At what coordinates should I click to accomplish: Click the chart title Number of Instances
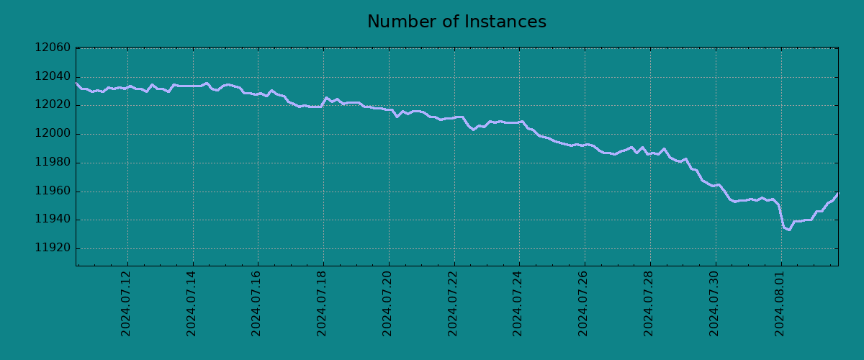(x=456, y=22)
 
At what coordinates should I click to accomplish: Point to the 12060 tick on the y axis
(x=53, y=48)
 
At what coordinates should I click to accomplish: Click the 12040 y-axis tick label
(x=53, y=77)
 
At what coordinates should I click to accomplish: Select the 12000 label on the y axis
(x=53, y=134)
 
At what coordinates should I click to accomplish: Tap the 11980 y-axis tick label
(x=53, y=163)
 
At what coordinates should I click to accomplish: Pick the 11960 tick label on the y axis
(x=53, y=192)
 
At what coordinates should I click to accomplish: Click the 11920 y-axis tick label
(x=53, y=248)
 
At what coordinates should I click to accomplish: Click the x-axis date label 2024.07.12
(x=127, y=303)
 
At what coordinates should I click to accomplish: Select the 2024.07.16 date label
(x=257, y=303)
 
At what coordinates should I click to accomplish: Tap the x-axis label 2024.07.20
(x=388, y=303)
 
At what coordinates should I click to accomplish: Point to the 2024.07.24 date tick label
(x=518, y=303)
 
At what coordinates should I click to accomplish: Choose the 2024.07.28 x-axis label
(x=649, y=303)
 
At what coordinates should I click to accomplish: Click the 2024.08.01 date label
(x=780, y=303)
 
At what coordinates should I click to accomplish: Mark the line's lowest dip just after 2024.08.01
(x=789, y=230)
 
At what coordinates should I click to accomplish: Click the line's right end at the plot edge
(x=837, y=193)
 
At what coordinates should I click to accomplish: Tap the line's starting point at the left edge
(x=76, y=84)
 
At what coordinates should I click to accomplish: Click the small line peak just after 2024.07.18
(x=326, y=98)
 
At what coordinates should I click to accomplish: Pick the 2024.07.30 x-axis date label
(x=714, y=303)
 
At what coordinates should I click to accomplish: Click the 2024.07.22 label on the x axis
(x=453, y=303)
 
